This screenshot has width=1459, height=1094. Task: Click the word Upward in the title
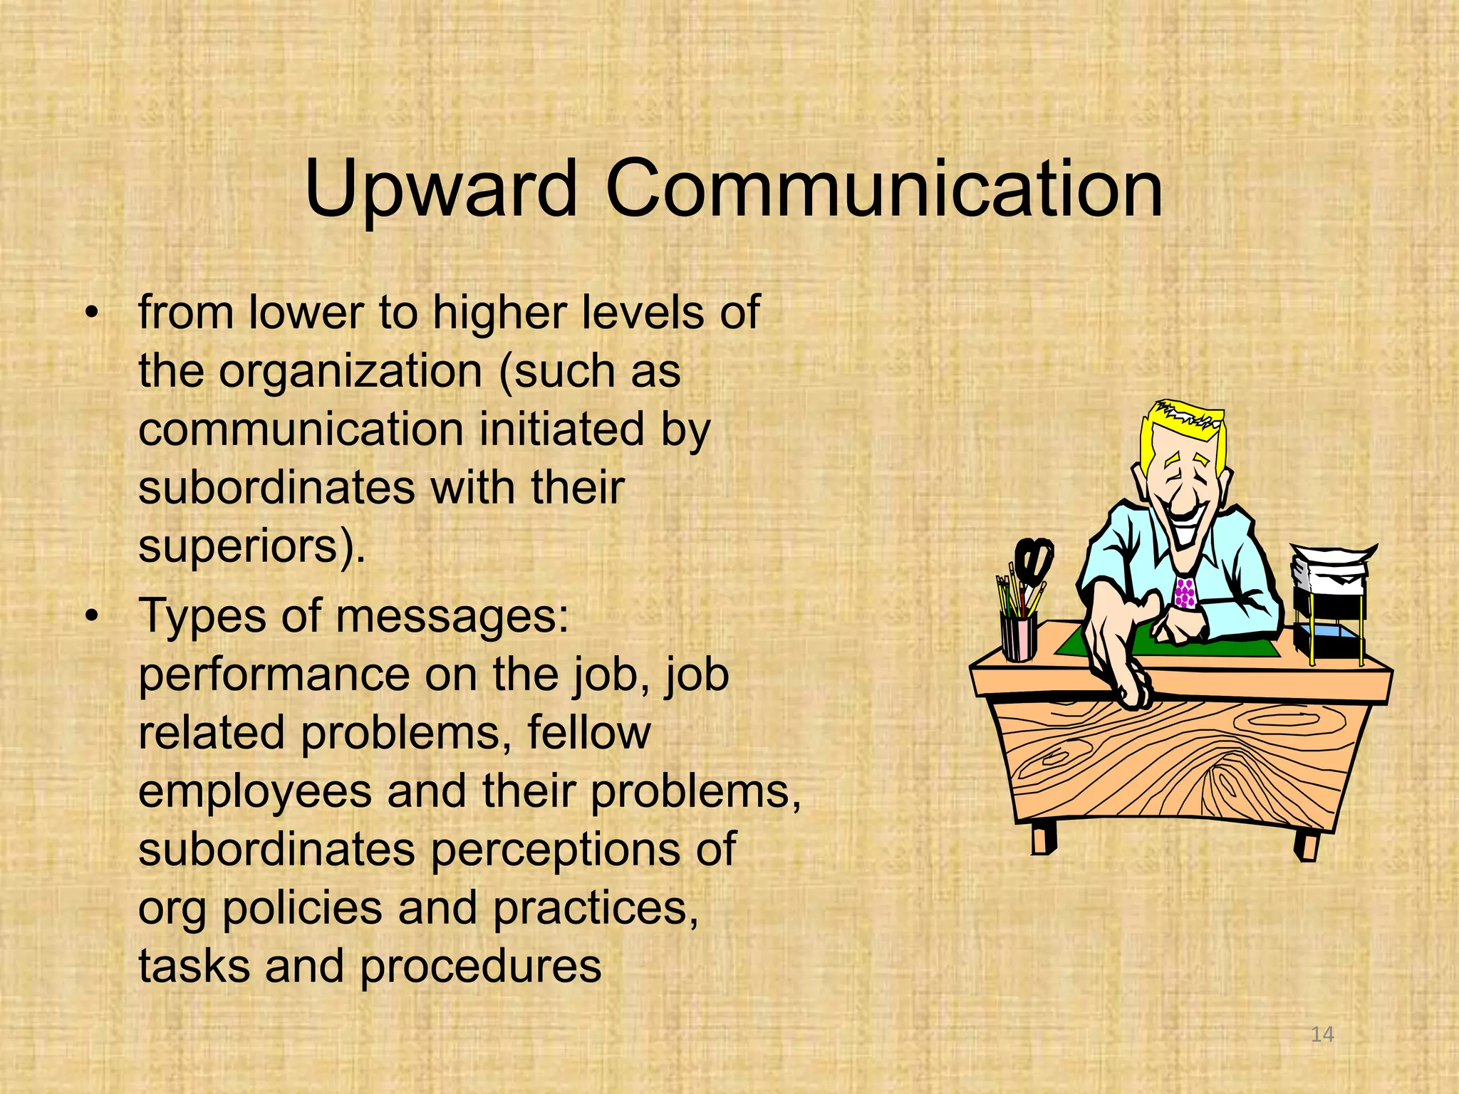(440, 189)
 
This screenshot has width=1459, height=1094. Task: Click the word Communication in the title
(884, 189)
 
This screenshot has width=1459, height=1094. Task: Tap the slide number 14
(1322, 1033)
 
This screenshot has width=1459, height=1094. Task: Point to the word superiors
(242, 547)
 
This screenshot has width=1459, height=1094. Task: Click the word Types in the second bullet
(203, 617)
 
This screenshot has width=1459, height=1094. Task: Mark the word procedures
(481, 967)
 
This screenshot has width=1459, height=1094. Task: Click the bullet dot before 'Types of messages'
(90, 617)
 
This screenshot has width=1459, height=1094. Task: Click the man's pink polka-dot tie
(1185, 593)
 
